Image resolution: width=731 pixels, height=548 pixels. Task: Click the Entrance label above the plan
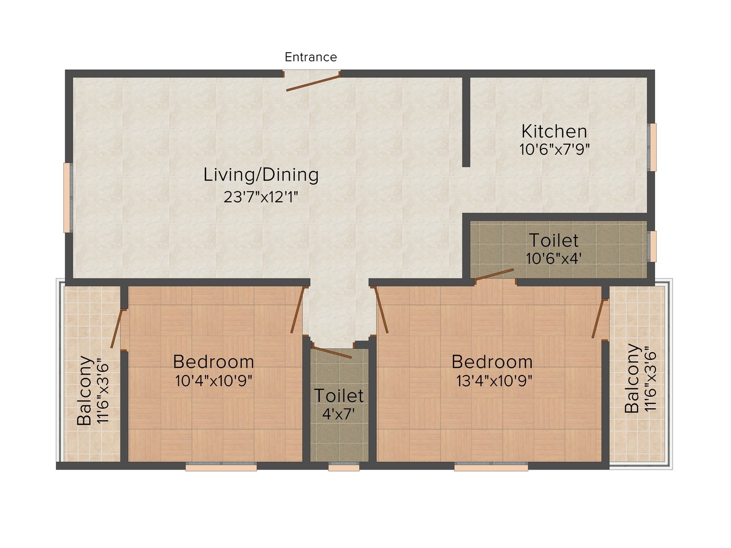pos(311,57)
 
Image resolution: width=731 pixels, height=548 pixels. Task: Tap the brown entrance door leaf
pos(313,83)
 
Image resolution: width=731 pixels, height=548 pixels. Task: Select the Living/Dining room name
pos(261,175)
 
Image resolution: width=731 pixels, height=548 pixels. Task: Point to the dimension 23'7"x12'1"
pos(261,197)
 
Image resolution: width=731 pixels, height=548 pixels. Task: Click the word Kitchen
pos(554,131)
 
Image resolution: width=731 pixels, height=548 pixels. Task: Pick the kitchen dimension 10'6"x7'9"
pos(555,150)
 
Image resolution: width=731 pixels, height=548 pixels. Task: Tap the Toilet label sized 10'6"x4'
pos(554,240)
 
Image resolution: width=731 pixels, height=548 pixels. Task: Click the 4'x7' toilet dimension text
pos(339,414)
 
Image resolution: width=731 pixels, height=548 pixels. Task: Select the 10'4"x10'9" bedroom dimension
pos(213,380)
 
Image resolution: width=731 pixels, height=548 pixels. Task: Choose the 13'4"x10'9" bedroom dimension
pos(494,380)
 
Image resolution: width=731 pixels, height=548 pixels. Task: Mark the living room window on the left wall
pos(68,198)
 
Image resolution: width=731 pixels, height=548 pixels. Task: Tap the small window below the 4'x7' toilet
pos(344,467)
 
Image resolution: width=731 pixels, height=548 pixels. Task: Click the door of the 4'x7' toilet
pos(332,352)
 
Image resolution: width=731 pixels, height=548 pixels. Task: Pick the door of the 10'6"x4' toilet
pos(494,275)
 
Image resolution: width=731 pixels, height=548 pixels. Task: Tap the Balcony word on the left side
pos(84,391)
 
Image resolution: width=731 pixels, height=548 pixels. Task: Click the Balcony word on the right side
pos(632,378)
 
